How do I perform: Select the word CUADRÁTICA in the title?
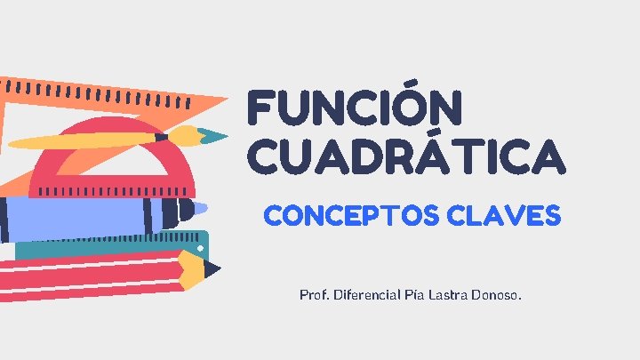click(405, 156)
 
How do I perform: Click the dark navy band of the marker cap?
click(167, 212)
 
